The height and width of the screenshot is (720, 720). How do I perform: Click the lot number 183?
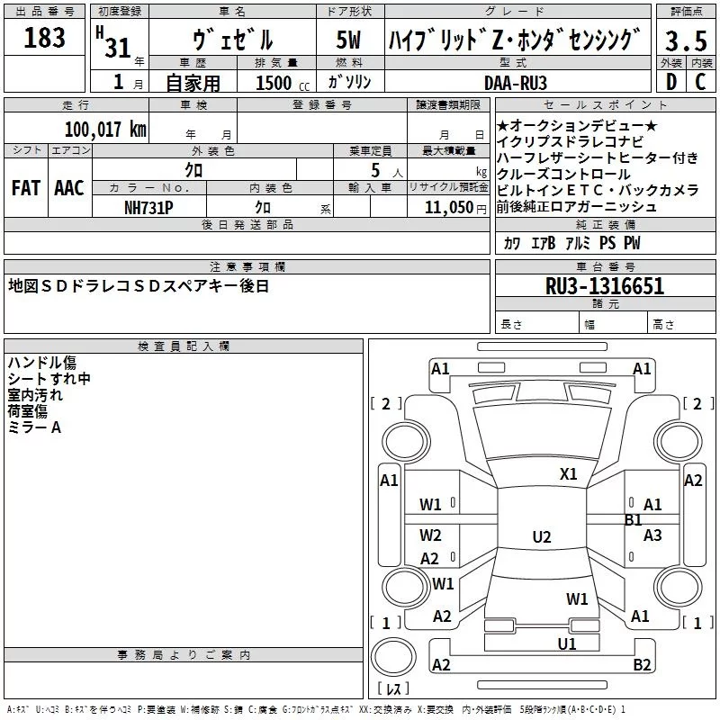(44, 39)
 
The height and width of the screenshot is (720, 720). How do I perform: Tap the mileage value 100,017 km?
(105, 129)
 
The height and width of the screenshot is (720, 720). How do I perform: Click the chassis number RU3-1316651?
(605, 287)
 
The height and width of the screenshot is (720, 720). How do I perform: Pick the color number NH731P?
(148, 207)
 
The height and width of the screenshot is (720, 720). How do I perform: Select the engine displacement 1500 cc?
(275, 83)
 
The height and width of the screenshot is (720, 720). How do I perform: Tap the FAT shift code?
(25, 188)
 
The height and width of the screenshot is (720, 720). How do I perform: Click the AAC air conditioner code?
(68, 188)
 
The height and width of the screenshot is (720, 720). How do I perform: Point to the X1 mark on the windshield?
(568, 474)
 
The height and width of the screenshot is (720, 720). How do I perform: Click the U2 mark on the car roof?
(541, 537)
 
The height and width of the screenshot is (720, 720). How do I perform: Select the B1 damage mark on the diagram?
(633, 520)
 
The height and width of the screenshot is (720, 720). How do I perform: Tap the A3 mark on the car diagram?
(652, 535)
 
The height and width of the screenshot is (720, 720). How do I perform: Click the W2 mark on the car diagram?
(430, 535)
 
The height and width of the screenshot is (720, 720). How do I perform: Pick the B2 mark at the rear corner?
(642, 665)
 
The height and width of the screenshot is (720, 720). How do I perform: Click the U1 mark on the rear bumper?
(566, 644)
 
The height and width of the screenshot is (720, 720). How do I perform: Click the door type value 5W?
(350, 40)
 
